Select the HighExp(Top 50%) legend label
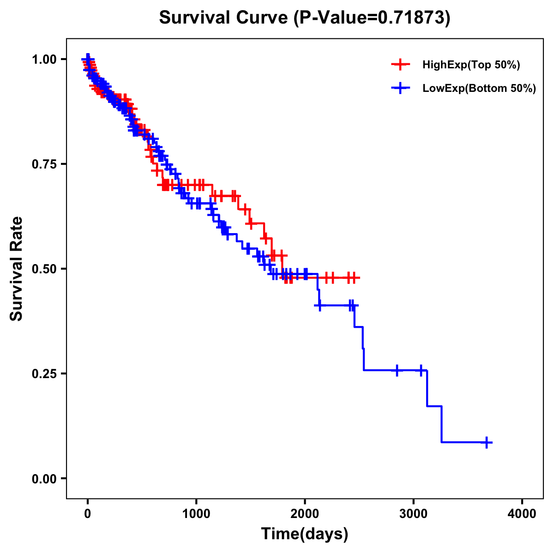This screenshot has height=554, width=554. (471, 65)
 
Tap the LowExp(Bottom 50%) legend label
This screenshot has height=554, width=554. (479, 89)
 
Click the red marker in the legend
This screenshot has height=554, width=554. (400, 65)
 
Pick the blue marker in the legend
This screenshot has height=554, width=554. (400, 88)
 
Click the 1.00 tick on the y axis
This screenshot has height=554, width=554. (44, 59)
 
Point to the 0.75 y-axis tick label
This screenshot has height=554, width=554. (44, 164)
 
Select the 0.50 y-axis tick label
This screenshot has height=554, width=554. (44, 269)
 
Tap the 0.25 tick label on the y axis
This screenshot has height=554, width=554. (44, 373)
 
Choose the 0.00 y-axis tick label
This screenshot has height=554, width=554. (44, 478)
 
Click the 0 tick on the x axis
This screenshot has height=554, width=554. (87, 514)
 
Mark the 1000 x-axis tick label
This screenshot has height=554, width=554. (196, 514)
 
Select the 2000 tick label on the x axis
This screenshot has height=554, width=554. (305, 514)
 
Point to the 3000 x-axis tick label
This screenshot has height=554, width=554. (414, 514)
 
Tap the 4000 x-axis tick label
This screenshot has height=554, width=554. (522, 514)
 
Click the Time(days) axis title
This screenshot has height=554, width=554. (305, 534)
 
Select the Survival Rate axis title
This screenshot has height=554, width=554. (17, 269)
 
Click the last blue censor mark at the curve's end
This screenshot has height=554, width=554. (486, 442)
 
